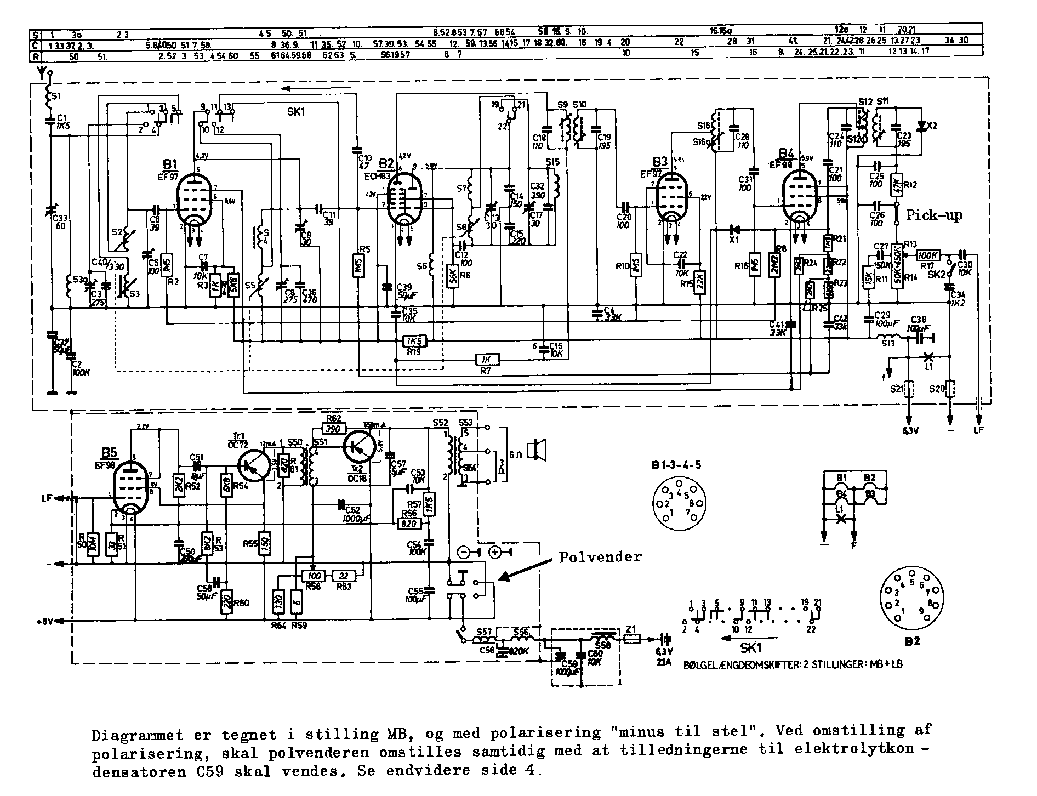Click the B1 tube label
pos(169,164)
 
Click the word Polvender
pos(600,557)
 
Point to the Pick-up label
pos(934,215)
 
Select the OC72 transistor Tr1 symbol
pos(252,463)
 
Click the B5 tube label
pos(109,453)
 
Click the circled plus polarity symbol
pos(494,552)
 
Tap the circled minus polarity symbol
pos(463,552)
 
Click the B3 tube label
pos(660,162)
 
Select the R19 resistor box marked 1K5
pos(414,342)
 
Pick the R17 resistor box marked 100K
pos(928,255)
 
